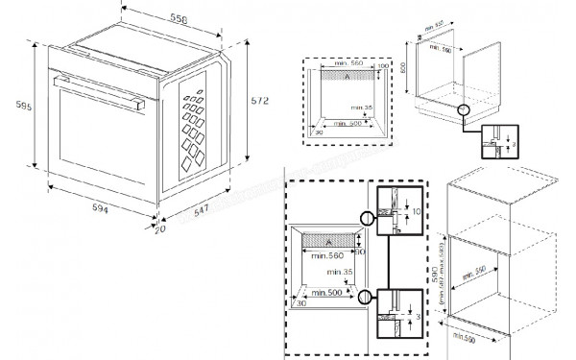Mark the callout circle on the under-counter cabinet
coord(465,112)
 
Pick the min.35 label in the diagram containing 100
coord(360,108)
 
